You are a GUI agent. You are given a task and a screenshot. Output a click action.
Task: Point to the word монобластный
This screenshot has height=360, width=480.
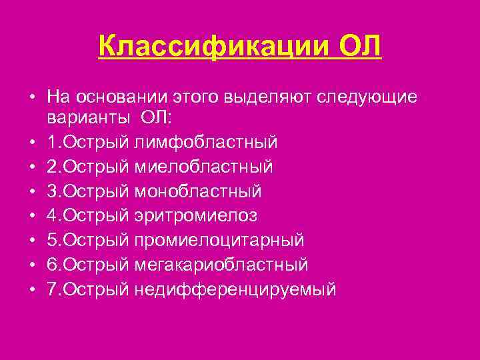coord(197,191)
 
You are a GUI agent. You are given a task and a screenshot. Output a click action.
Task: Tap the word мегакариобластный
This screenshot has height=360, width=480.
coord(221,265)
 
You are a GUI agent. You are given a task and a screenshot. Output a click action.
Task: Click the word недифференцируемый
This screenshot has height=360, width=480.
coord(235,290)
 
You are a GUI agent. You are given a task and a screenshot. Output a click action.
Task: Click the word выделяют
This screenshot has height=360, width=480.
coord(256,97)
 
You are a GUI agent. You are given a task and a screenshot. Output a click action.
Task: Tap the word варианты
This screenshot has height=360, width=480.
coord(89,119)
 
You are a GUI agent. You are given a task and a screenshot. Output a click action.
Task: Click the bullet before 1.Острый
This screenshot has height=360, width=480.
coord(32,143)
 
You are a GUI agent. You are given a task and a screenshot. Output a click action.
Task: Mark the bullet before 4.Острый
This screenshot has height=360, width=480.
coord(32,216)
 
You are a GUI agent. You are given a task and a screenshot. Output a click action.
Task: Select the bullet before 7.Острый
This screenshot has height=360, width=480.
coord(32,290)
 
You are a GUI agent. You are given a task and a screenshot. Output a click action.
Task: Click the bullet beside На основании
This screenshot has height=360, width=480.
coord(32,97)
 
